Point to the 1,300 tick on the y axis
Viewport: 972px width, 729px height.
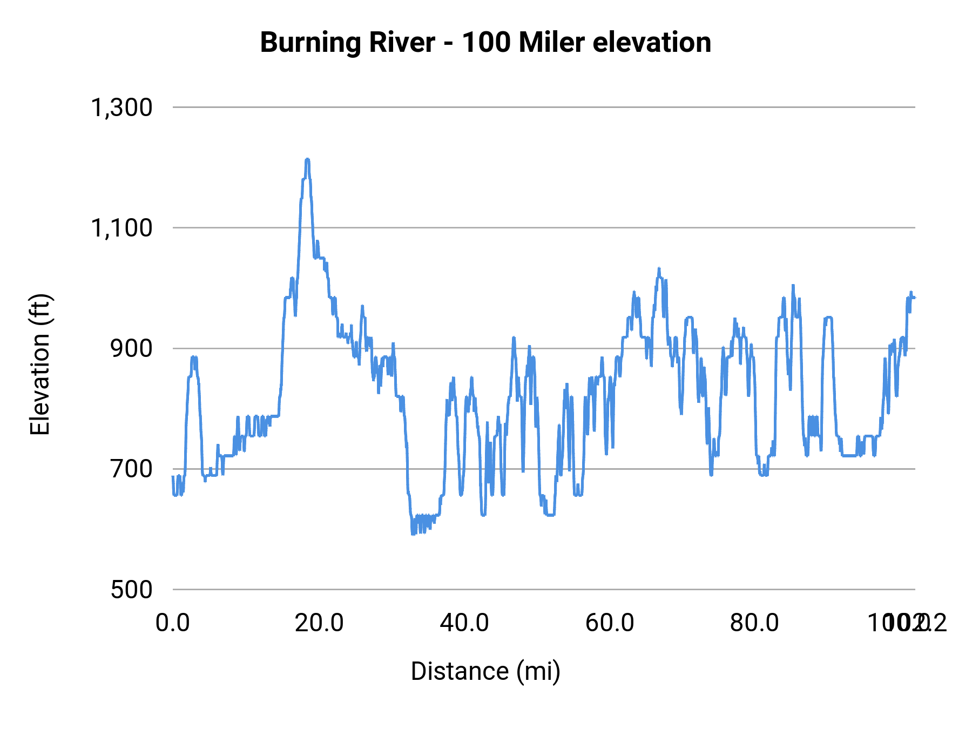click(x=122, y=107)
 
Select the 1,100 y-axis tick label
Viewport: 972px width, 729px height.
click(x=122, y=228)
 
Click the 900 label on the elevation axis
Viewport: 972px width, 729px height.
click(x=132, y=348)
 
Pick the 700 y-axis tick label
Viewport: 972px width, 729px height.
click(x=132, y=469)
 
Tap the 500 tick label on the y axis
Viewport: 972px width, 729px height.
click(x=132, y=589)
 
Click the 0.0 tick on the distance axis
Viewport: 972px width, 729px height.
click(x=173, y=623)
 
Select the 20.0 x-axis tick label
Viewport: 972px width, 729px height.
click(x=319, y=623)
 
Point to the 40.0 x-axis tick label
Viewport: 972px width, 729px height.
click(x=464, y=623)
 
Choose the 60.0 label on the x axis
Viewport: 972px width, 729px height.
click(x=610, y=623)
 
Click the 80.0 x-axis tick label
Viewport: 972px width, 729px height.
click(x=754, y=623)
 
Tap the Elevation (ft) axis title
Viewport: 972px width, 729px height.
click(x=39, y=364)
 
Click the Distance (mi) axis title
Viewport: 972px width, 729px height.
click(x=485, y=671)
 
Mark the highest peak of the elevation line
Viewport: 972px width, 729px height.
click(x=307, y=159)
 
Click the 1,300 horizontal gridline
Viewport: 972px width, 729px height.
click(x=540, y=107)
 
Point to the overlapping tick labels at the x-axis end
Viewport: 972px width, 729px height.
click(x=907, y=623)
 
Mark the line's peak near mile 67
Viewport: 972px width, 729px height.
click(x=659, y=268)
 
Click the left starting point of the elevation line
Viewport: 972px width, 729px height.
click(x=173, y=476)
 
